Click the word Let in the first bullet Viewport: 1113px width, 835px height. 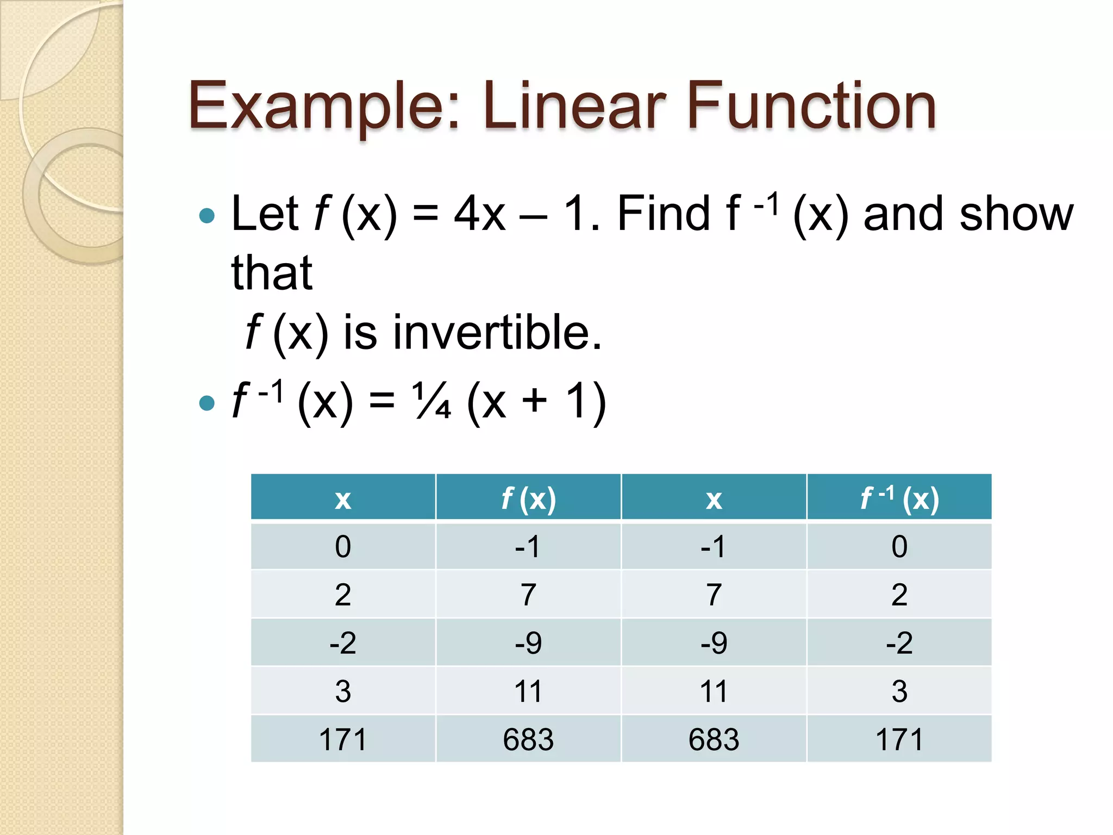pos(265,214)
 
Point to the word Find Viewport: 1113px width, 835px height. pos(663,214)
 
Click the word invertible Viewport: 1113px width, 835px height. pos(497,332)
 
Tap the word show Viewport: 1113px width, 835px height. pos(1016,214)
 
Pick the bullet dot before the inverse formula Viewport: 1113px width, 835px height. pos(207,403)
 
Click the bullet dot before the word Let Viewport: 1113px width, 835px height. pos(207,216)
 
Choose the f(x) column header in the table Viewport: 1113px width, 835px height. pos(528,498)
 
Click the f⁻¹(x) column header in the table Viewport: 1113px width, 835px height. pos(899,498)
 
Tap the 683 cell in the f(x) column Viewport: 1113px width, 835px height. pos(528,739)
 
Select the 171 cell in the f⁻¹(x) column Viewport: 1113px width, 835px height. pos(899,739)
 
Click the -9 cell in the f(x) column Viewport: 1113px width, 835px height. pos(528,643)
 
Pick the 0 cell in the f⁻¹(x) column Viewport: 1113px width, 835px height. pos(899,546)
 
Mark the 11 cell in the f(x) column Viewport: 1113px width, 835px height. pos(528,691)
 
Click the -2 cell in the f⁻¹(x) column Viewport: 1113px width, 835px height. pos(899,643)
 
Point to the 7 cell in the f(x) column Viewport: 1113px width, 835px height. pos(528,595)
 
